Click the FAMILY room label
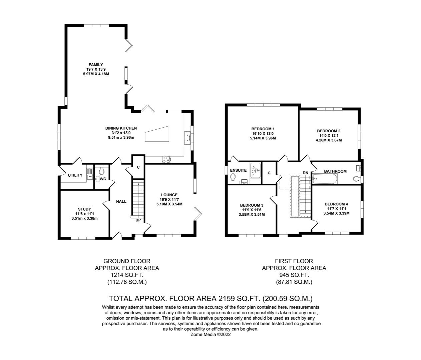96,65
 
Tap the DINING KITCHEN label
121,128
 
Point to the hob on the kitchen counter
165,160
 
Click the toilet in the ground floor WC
102,171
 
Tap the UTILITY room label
75,175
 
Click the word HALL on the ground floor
121,201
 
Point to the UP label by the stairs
138,220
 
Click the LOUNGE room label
169,195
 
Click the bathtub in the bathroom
325,180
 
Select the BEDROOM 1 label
263,129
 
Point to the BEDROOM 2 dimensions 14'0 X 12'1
329,136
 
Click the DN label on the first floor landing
305,172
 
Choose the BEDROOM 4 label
336,204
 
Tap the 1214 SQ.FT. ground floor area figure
127,275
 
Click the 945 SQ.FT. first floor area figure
294,275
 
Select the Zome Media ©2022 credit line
210,334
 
